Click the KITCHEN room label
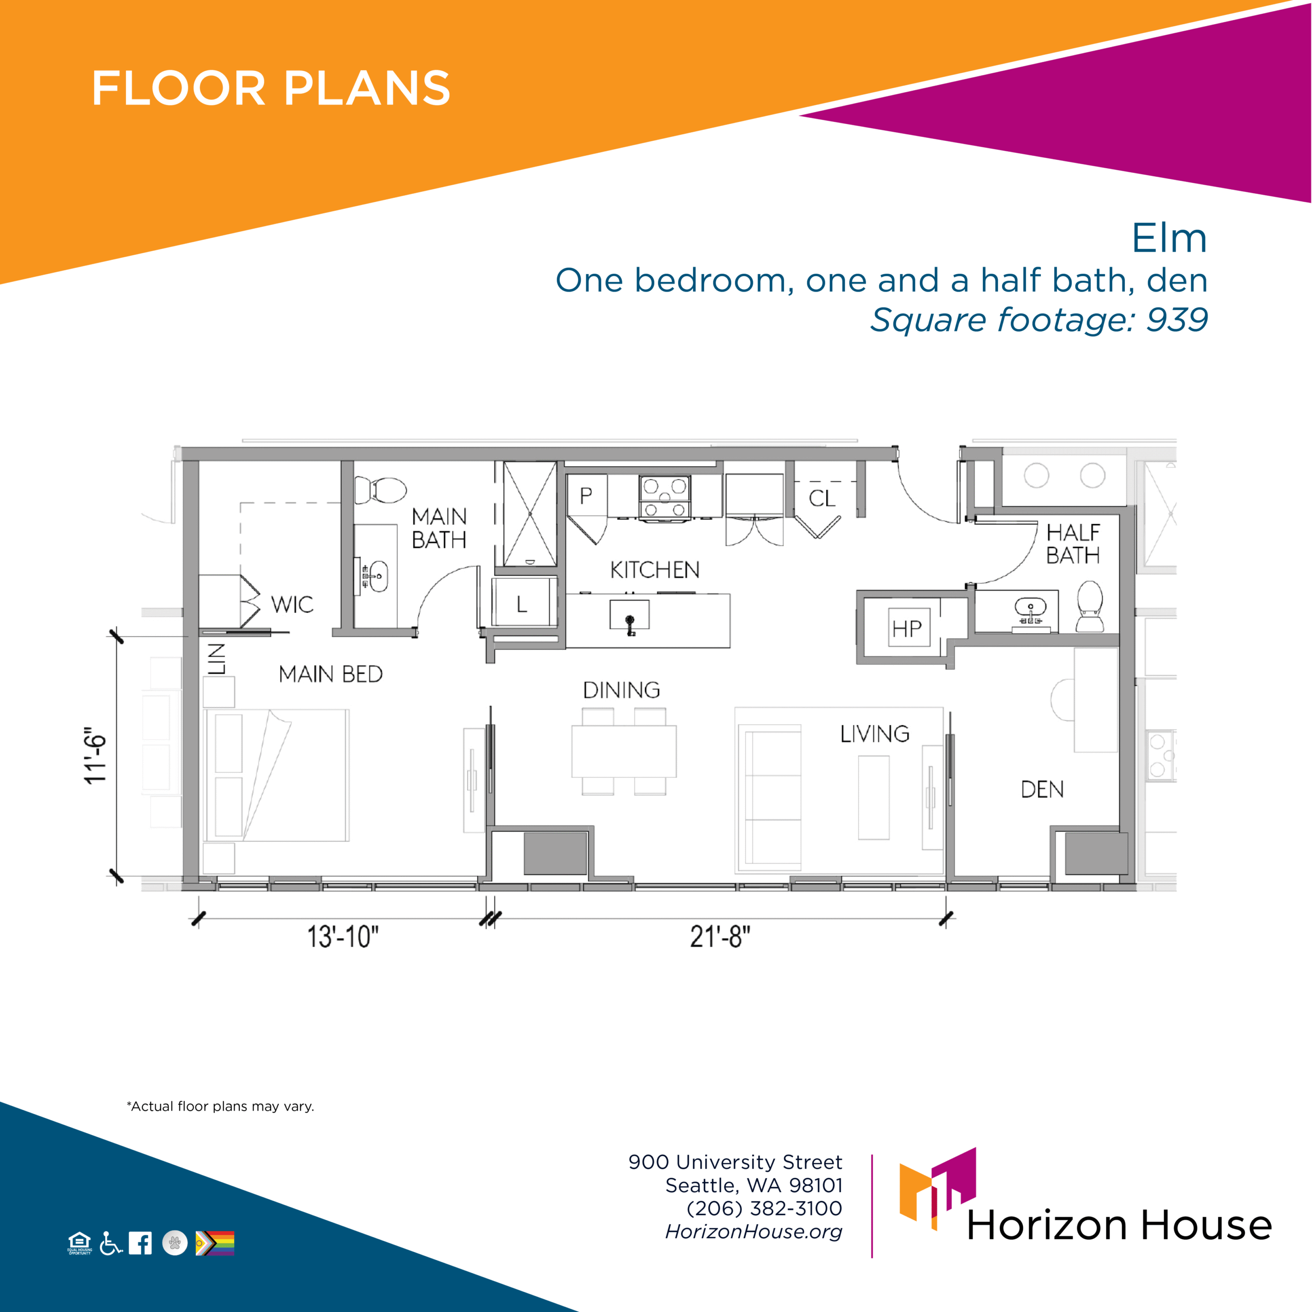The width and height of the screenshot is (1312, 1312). point(654,570)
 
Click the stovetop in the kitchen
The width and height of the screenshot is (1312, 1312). point(665,498)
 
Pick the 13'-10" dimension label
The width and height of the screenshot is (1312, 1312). point(343,937)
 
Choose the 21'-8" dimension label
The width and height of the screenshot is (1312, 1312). point(721,937)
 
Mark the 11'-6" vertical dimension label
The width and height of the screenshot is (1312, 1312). point(96,759)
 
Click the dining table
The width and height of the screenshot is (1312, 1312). point(624,751)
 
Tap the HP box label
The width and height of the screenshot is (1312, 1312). point(907,629)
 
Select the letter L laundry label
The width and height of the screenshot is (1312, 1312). point(522,604)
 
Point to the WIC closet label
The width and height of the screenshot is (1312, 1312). point(292,604)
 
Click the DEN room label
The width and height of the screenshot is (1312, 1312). point(1042,789)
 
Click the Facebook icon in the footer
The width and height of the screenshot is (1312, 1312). point(140,1243)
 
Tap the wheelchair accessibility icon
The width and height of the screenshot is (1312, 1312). point(111,1243)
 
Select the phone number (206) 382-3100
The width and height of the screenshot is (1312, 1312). point(764,1208)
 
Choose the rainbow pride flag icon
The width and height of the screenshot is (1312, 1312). point(215,1243)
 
